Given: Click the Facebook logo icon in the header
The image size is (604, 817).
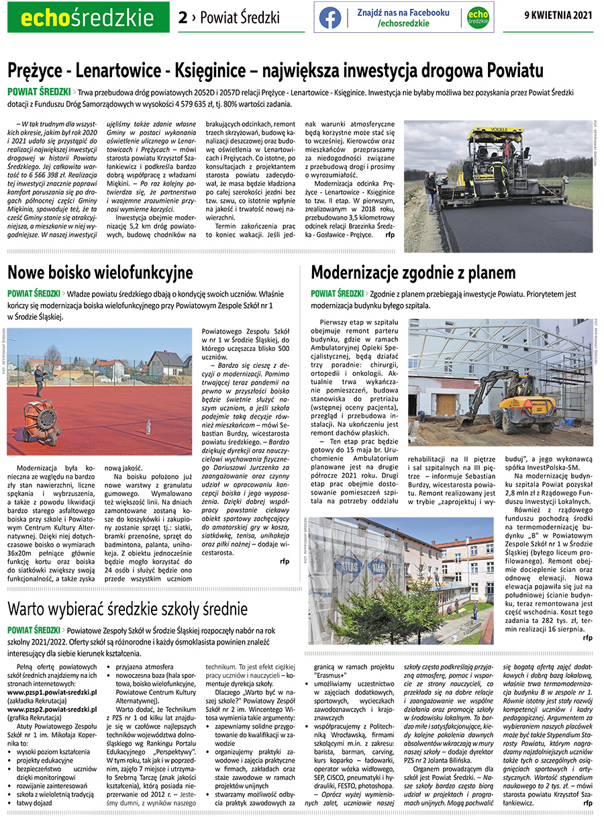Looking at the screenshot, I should pyautogui.click(x=330, y=17).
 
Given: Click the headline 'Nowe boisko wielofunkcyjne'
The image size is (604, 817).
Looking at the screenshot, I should pyautogui.click(x=100, y=273).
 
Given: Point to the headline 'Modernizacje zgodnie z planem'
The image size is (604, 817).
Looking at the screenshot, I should pyautogui.click(x=413, y=273).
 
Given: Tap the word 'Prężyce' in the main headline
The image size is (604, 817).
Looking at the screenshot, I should pyautogui.click(x=36, y=70).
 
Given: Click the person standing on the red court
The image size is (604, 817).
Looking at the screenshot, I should pyautogui.click(x=38, y=381).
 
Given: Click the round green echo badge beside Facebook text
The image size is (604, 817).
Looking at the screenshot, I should pyautogui.click(x=477, y=17).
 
